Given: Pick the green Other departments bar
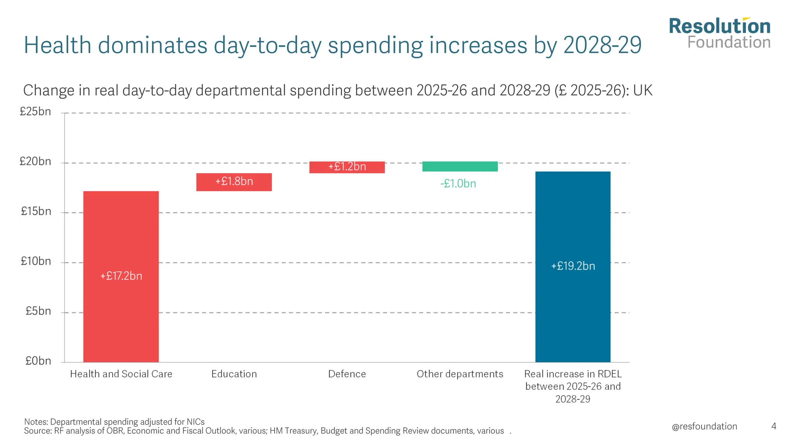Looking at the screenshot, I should pos(460,166).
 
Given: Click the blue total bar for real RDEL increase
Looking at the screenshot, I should pos(573,303).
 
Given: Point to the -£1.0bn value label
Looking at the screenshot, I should pos(458,184).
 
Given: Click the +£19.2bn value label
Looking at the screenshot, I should pos(573,266).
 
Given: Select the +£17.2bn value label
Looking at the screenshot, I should pos(121,276).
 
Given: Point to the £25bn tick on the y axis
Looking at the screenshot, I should pos(35,112).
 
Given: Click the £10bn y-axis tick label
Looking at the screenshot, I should pos(36,261).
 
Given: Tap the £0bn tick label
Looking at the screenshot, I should pos(38,361).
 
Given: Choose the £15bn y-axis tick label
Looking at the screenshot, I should pos(36,212).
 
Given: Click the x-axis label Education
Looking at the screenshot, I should pos(234,374).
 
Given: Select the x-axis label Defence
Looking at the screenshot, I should pos(347,374).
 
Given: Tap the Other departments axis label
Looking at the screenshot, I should pos(460,374).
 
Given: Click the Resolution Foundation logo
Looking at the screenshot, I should pos(719,33).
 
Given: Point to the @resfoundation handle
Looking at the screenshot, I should pos(704,427).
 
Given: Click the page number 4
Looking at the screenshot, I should pos(774,427).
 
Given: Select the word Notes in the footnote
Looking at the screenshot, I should pos(36,422).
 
